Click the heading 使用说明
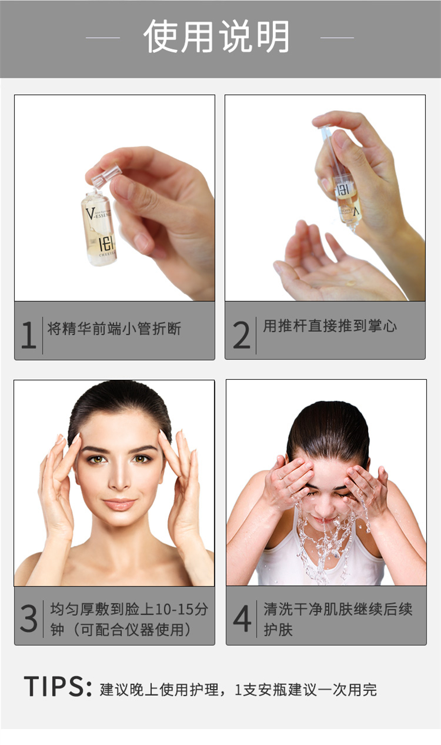pos(216,36)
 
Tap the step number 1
pos(29,335)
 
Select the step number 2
pos(242,335)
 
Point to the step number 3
pos(29,618)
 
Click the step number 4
pos(242,618)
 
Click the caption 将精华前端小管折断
pos(114,329)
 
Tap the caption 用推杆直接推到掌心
pos(330,326)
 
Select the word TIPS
pos(54,686)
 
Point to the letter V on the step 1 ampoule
pos(90,213)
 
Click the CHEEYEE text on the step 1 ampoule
pos(107,255)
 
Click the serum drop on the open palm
pos(350,283)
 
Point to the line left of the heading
pos(103,38)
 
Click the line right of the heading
pos(337,38)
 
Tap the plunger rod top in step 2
pos(324,128)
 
